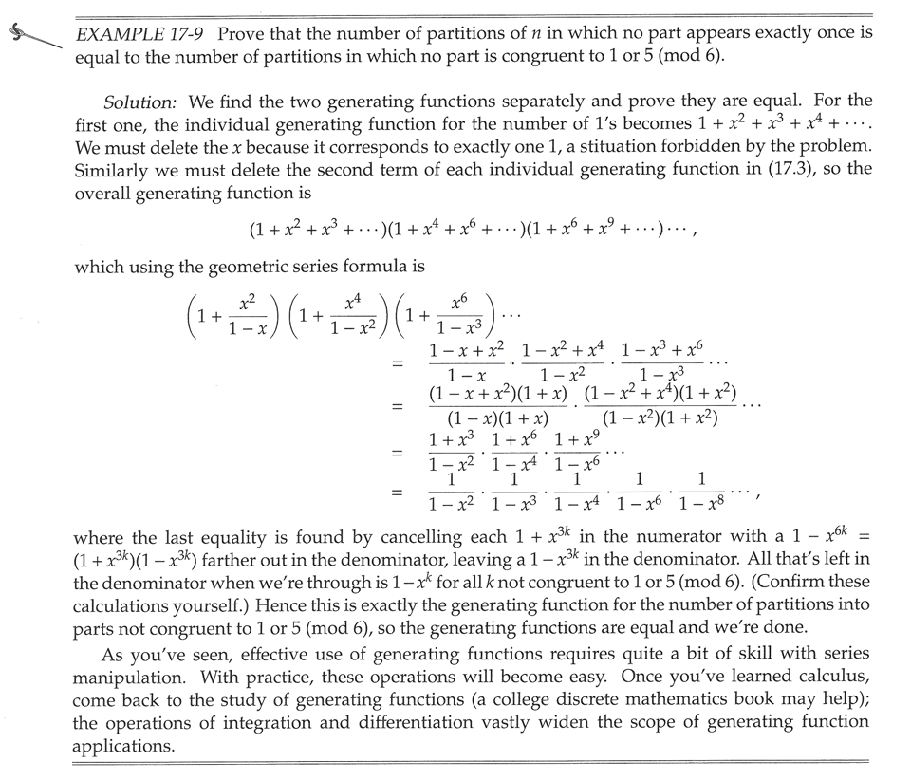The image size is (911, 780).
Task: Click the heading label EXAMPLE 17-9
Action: (141, 33)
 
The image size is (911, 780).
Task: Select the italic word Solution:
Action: (141, 102)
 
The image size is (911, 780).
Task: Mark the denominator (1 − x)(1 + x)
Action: (499, 416)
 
